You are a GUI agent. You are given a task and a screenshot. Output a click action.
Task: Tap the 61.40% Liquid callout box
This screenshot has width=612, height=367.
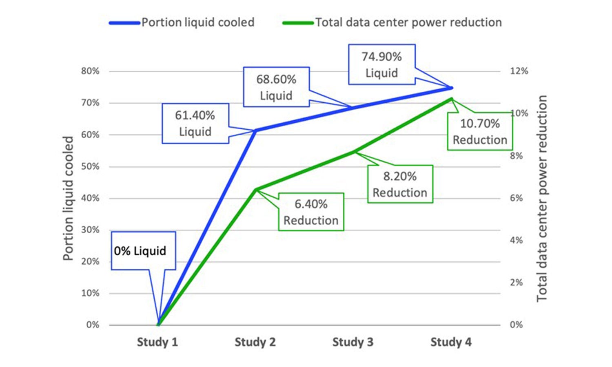[195, 123]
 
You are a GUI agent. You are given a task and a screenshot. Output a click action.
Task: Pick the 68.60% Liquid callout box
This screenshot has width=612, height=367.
[276, 87]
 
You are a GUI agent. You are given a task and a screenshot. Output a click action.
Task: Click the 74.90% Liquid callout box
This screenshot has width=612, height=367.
[381, 64]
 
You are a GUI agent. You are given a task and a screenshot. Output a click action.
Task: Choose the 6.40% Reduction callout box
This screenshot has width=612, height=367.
[311, 212]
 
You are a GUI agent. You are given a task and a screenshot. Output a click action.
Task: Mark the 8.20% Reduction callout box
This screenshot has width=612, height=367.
[400, 184]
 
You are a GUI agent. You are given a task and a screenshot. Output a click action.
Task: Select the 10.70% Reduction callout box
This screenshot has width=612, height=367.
[480, 131]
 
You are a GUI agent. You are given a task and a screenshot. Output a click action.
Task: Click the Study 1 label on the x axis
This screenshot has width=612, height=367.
[157, 342]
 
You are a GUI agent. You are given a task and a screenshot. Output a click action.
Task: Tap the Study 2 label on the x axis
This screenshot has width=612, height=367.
[255, 342]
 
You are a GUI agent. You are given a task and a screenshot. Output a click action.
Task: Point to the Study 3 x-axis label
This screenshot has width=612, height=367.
[353, 342]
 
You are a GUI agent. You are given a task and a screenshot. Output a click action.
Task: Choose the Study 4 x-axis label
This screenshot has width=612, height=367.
[451, 342]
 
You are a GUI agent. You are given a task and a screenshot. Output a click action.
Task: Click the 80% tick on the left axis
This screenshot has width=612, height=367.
[90, 71]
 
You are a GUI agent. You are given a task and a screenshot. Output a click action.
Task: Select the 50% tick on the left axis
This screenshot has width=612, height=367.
[90, 166]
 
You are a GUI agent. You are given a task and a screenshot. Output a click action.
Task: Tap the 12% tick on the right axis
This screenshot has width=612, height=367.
[519, 71]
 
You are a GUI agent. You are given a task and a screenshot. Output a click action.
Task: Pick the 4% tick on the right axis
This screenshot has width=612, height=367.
[516, 240]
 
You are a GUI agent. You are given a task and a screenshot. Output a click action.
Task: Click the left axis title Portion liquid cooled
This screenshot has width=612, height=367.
[68, 198]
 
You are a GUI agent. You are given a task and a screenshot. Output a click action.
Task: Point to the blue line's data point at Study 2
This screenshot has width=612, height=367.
[255, 130]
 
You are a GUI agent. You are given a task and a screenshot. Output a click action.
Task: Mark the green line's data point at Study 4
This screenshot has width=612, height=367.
[451, 99]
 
